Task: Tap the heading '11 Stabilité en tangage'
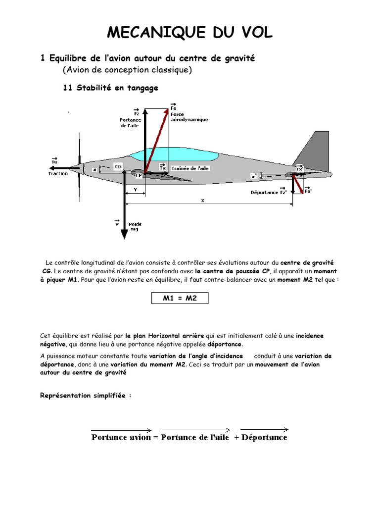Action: click(111, 88)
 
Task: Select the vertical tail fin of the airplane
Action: click(312, 149)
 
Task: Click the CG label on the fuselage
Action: click(118, 167)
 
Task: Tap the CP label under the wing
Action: click(139, 175)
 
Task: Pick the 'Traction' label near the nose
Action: click(58, 174)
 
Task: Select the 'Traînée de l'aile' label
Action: click(190, 168)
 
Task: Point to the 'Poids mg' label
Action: click(135, 227)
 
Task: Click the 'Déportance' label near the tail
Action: click(264, 193)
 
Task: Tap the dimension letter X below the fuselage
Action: click(202, 200)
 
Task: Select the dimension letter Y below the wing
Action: click(135, 190)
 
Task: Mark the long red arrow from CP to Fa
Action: click(157, 141)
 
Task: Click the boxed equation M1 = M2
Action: click(180, 298)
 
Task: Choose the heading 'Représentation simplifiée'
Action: click(85, 396)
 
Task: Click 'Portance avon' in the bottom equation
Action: click(121, 437)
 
